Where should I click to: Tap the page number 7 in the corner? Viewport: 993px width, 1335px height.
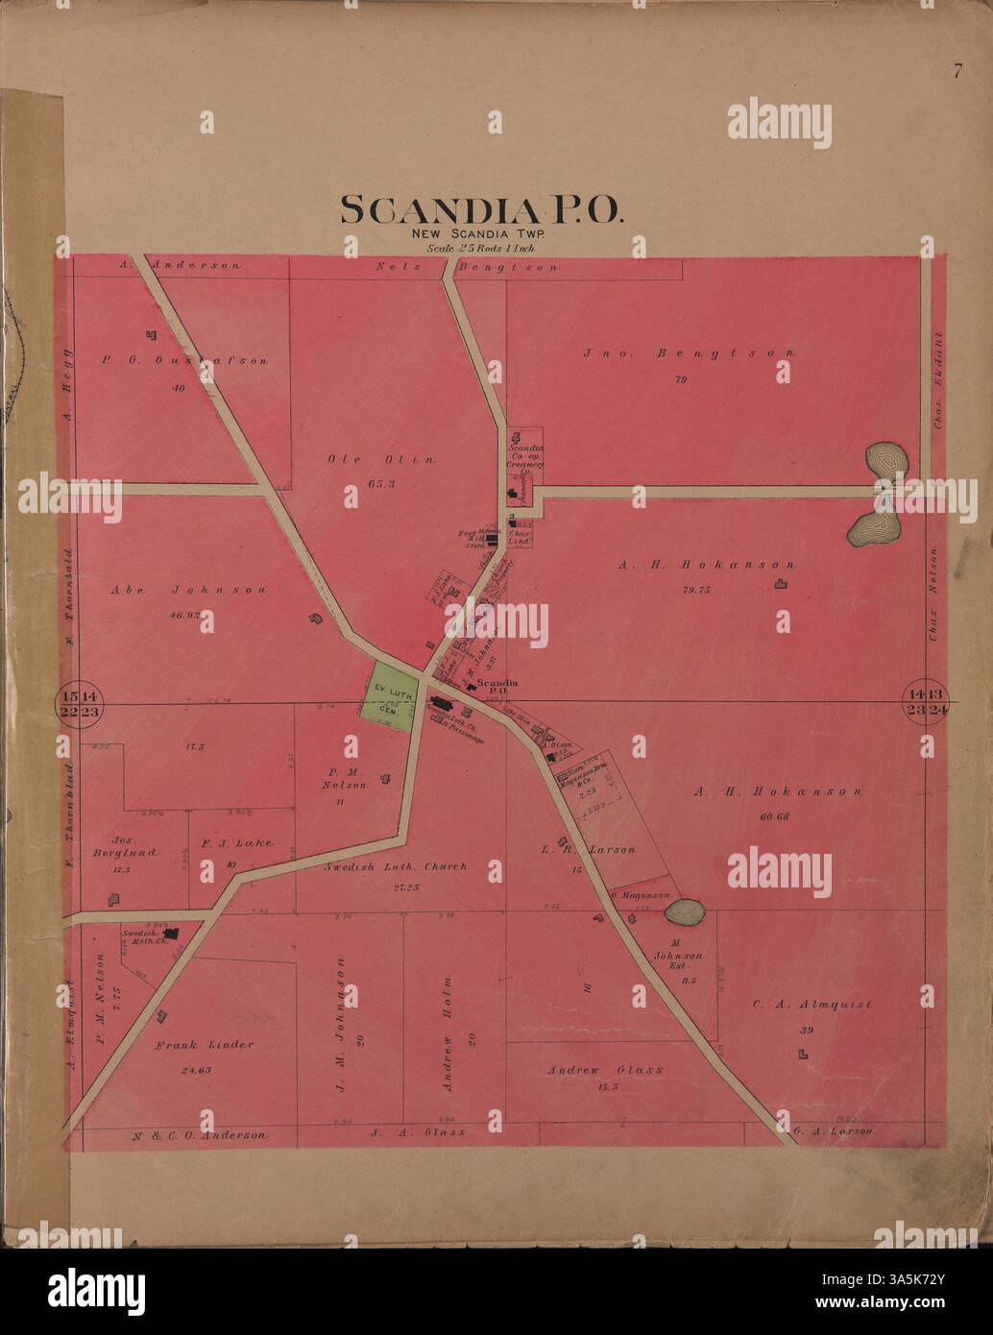[x=957, y=70]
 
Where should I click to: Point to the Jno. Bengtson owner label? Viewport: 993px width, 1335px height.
[x=689, y=352]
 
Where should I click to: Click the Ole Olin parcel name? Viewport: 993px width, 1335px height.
[x=380, y=459]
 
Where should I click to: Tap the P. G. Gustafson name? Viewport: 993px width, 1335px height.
[x=184, y=361]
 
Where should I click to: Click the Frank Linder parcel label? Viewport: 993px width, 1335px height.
[x=204, y=1044]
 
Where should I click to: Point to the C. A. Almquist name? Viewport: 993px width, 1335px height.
[x=811, y=1005]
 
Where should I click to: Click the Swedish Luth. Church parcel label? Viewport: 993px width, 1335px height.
[x=394, y=866]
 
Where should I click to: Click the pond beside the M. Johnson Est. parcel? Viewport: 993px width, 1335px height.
[x=685, y=910]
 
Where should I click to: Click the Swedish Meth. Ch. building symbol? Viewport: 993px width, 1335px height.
[x=172, y=933]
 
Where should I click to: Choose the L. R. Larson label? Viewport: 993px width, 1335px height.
[x=588, y=849]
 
